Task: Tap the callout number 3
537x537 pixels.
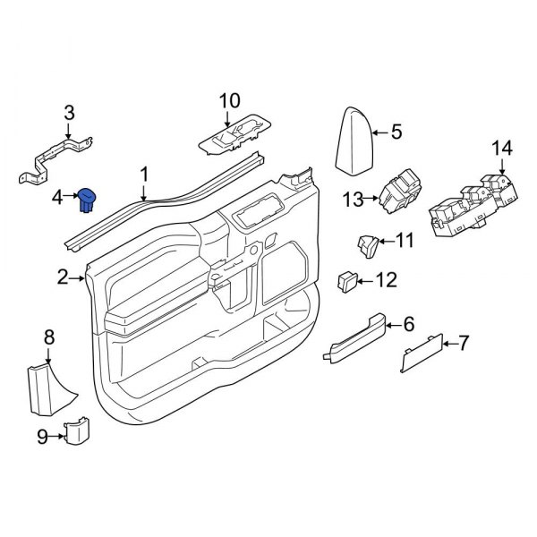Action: coord(69,113)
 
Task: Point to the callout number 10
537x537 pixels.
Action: coord(229,99)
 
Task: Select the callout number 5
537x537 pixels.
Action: coord(396,132)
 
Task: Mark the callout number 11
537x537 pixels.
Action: coord(405,240)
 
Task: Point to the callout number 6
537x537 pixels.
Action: coord(408,323)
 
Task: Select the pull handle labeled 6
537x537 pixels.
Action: coord(358,338)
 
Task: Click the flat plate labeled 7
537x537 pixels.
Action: coord(421,355)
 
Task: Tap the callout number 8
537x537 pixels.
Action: coord(49,337)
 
